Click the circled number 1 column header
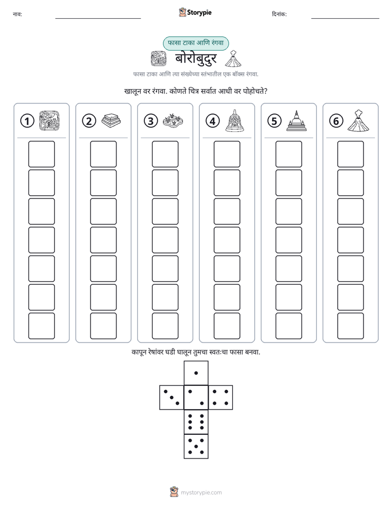(27, 121)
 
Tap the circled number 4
(212, 121)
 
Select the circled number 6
(336, 121)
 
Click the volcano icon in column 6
(359, 120)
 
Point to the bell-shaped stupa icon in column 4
(236, 120)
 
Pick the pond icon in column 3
(173, 120)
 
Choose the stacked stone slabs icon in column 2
(111, 120)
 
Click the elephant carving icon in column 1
(49, 121)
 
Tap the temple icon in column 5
(296, 120)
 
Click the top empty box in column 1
(41, 154)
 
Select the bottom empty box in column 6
(351, 326)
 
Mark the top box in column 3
(165, 154)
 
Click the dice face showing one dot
(196, 373)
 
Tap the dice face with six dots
(196, 422)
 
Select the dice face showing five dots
(196, 446)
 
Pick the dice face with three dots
(172, 397)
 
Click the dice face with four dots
(221, 397)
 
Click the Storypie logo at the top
(195, 13)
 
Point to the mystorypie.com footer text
(201, 493)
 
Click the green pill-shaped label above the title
(195, 43)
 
